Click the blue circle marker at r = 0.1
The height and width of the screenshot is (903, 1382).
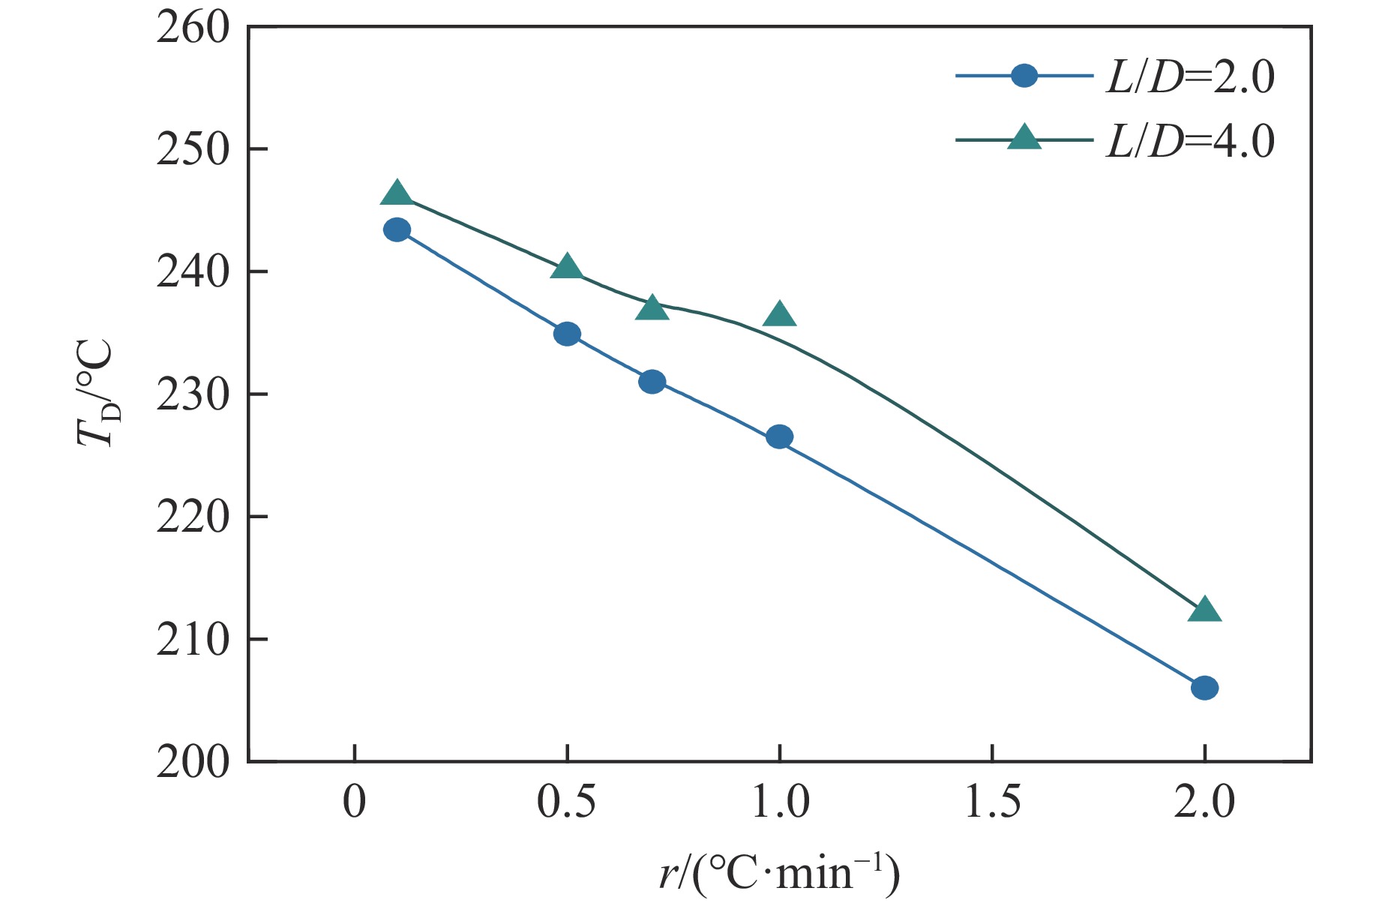(397, 229)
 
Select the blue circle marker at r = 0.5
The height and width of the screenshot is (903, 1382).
(567, 334)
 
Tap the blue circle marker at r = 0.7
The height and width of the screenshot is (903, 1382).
(652, 382)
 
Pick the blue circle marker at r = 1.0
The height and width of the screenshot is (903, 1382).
(780, 436)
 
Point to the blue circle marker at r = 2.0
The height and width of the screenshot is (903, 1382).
(1204, 688)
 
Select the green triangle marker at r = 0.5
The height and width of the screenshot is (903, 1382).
(567, 267)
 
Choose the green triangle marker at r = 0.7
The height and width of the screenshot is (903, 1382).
(652, 308)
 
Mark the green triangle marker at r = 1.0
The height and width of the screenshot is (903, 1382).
(780, 315)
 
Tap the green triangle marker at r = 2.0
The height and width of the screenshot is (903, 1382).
(1204, 610)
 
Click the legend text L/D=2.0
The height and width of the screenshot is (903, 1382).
(1190, 76)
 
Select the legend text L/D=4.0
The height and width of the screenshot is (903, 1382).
(1190, 140)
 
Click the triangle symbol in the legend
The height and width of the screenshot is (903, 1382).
(1024, 138)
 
